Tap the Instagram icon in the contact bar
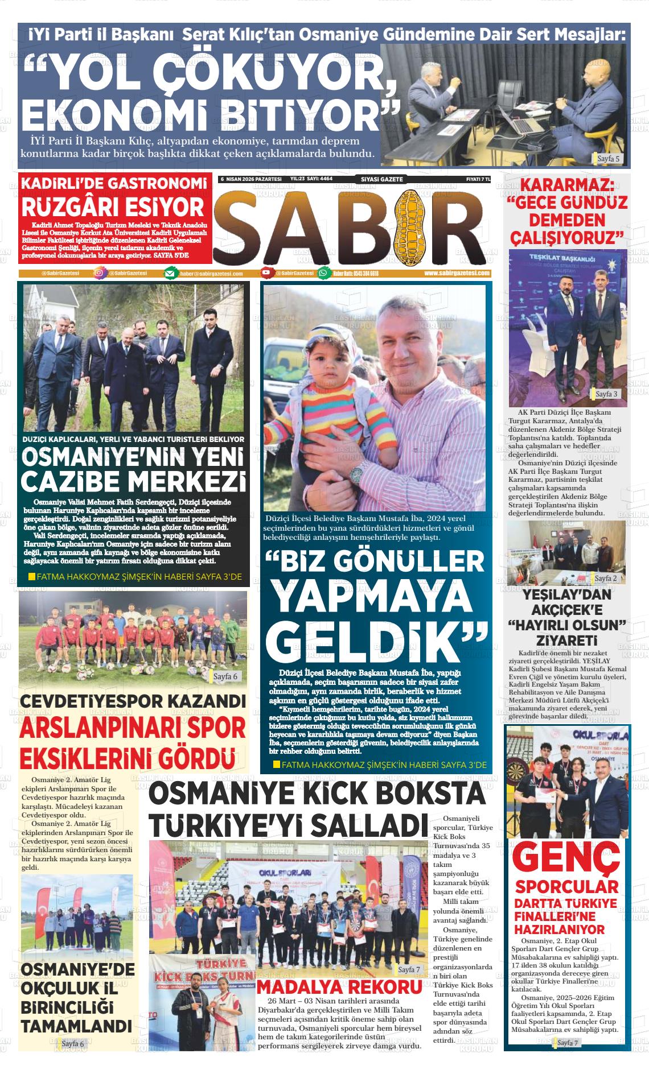pos(99,273)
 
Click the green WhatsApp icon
pos(324,274)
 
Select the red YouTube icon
pos(266,274)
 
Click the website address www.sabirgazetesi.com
pos(457,273)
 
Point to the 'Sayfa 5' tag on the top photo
pos(608,159)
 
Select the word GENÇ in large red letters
pos(566,860)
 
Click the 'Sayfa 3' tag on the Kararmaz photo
pos(606,394)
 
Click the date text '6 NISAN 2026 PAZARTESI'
pos(251,179)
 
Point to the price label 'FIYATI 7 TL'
pos(478,179)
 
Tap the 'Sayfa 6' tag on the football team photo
pos(225,676)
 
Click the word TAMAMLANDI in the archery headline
pos(76,1026)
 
